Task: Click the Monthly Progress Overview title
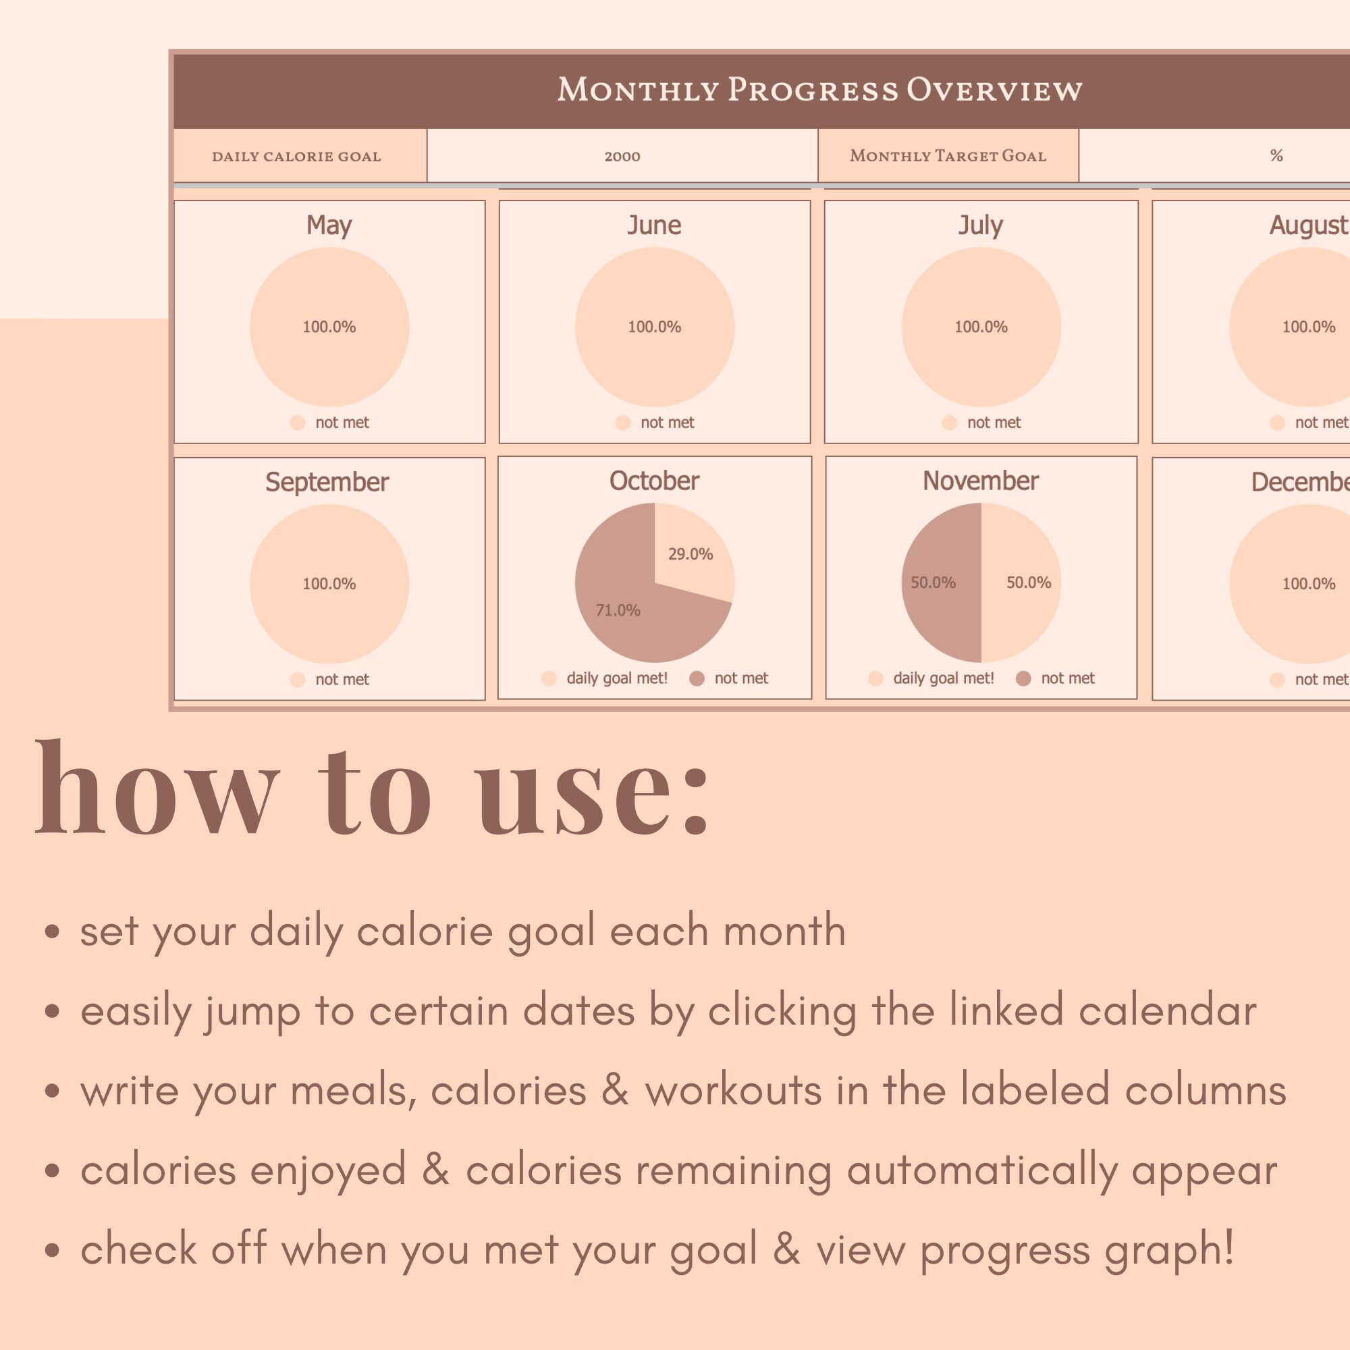point(819,90)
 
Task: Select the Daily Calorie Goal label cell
point(297,157)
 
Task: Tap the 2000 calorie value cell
point(622,157)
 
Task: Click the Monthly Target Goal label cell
point(948,156)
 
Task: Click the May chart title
point(329,225)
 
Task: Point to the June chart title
point(654,225)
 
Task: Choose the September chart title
point(327,482)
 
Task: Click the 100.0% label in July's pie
point(981,327)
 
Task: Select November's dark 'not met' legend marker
point(1023,678)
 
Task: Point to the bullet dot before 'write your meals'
point(52,1091)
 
